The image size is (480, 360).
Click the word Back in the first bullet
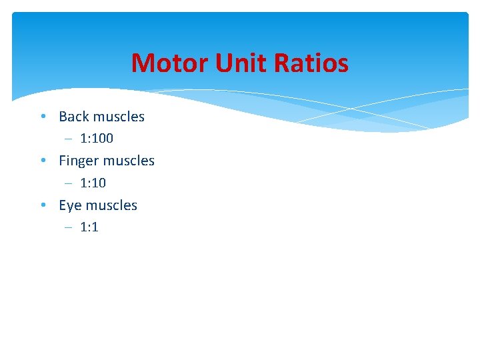pyautogui.click(x=73, y=117)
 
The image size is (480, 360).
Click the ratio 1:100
pyautogui.click(x=97, y=139)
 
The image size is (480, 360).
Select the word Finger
pyautogui.click(x=79, y=161)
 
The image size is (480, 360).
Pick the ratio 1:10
pyautogui.click(x=93, y=183)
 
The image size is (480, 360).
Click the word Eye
pyautogui.click(x=70, y=205)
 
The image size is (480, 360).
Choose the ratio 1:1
pyautogui.click(x=89, y=227)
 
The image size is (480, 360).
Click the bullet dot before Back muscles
pyautogui.click(x=42, y=117)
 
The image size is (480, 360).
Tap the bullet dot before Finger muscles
pyautogui.click(x=42, y=161)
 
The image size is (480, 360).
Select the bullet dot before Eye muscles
pyautogui.click(x=42, y=205)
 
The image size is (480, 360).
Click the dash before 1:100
pyautogui.click(x=69, y=139)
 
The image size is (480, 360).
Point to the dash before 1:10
pyautogui.click(x=69, y=183)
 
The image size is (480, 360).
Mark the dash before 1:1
pyautogui.click(x=69, y=227)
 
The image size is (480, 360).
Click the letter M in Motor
pyautogui.click(x=142, y=64)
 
